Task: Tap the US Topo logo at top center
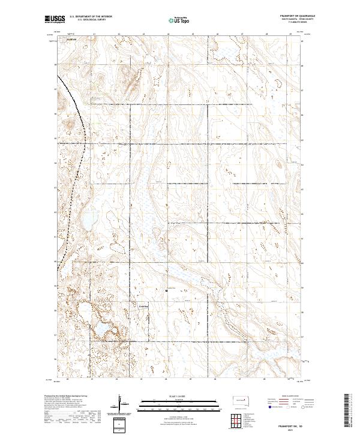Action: pyautogui.click(x=179, y=19)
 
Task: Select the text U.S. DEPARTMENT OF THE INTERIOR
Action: pyautogui.click(x=91, y=16)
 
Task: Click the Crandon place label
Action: pyautogui.click(x=143, y=307)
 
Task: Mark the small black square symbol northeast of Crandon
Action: pyautogui.click(x=166, y=290)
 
